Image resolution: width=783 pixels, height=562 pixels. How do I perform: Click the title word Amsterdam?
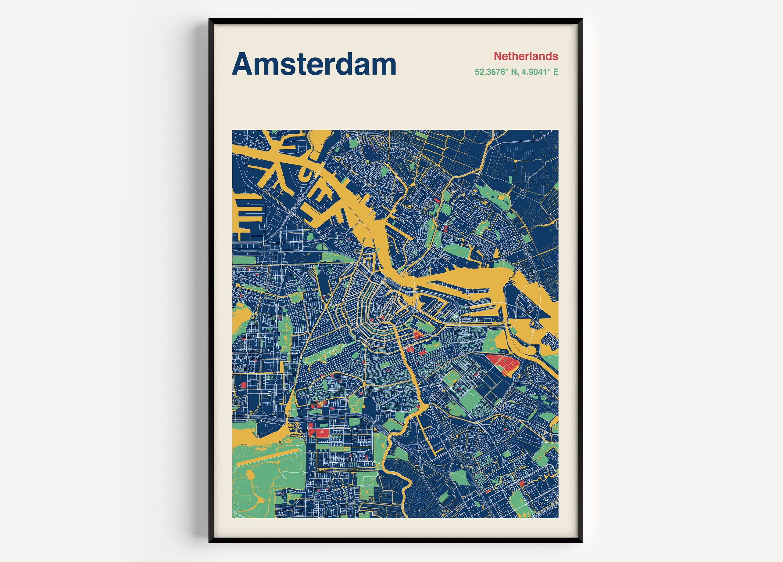click(x=314, y=64)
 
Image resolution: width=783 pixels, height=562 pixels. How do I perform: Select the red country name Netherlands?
click(x=526, y=56)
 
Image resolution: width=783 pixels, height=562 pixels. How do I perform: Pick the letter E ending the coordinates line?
click(x=556, y=72)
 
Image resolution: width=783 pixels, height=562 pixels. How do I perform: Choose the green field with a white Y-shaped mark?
click(x=469, y=397)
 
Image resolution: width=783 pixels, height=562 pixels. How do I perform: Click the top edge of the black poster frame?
click(x=395, y=21)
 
